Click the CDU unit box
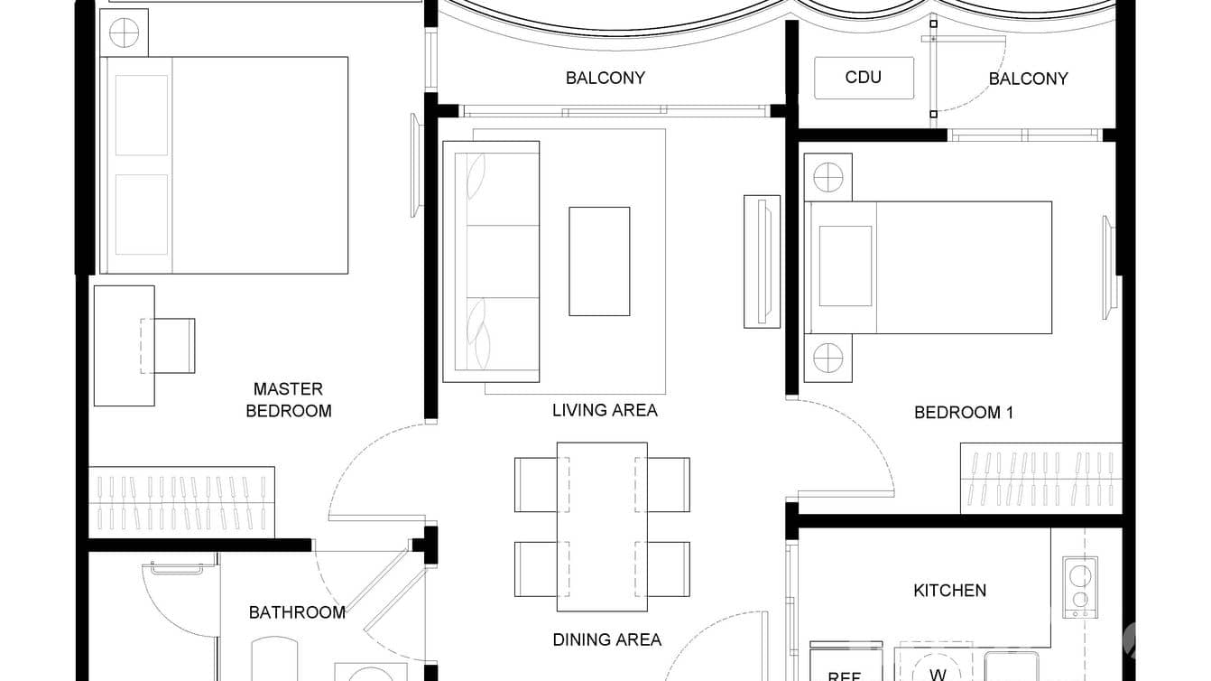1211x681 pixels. click(x=864, y=78)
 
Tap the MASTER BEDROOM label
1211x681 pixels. click(x=288, y=400)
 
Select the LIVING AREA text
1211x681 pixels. click(x=605, y=410)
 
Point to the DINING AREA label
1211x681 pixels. click(x=606, y=639)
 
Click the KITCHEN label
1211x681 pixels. click(x=949, y=591)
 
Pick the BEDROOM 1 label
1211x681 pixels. click(x=964, y=413)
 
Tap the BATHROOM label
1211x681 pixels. click(x=297, y=612)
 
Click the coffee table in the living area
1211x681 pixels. click(x=599, y=261)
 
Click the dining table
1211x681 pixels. click(x=602, y=519)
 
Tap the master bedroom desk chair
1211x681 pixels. click(x=173, y=345)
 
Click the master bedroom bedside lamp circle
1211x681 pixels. click(x=124, y=33)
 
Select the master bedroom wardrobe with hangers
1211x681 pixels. click(x=181, y=502)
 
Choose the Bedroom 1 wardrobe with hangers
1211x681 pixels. click(x=1040, y=479)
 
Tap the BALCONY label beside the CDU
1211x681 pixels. click(x=1028, y=79)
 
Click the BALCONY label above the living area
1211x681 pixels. click(x=605, y=78)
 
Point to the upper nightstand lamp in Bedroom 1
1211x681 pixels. click(x=827, y=177)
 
